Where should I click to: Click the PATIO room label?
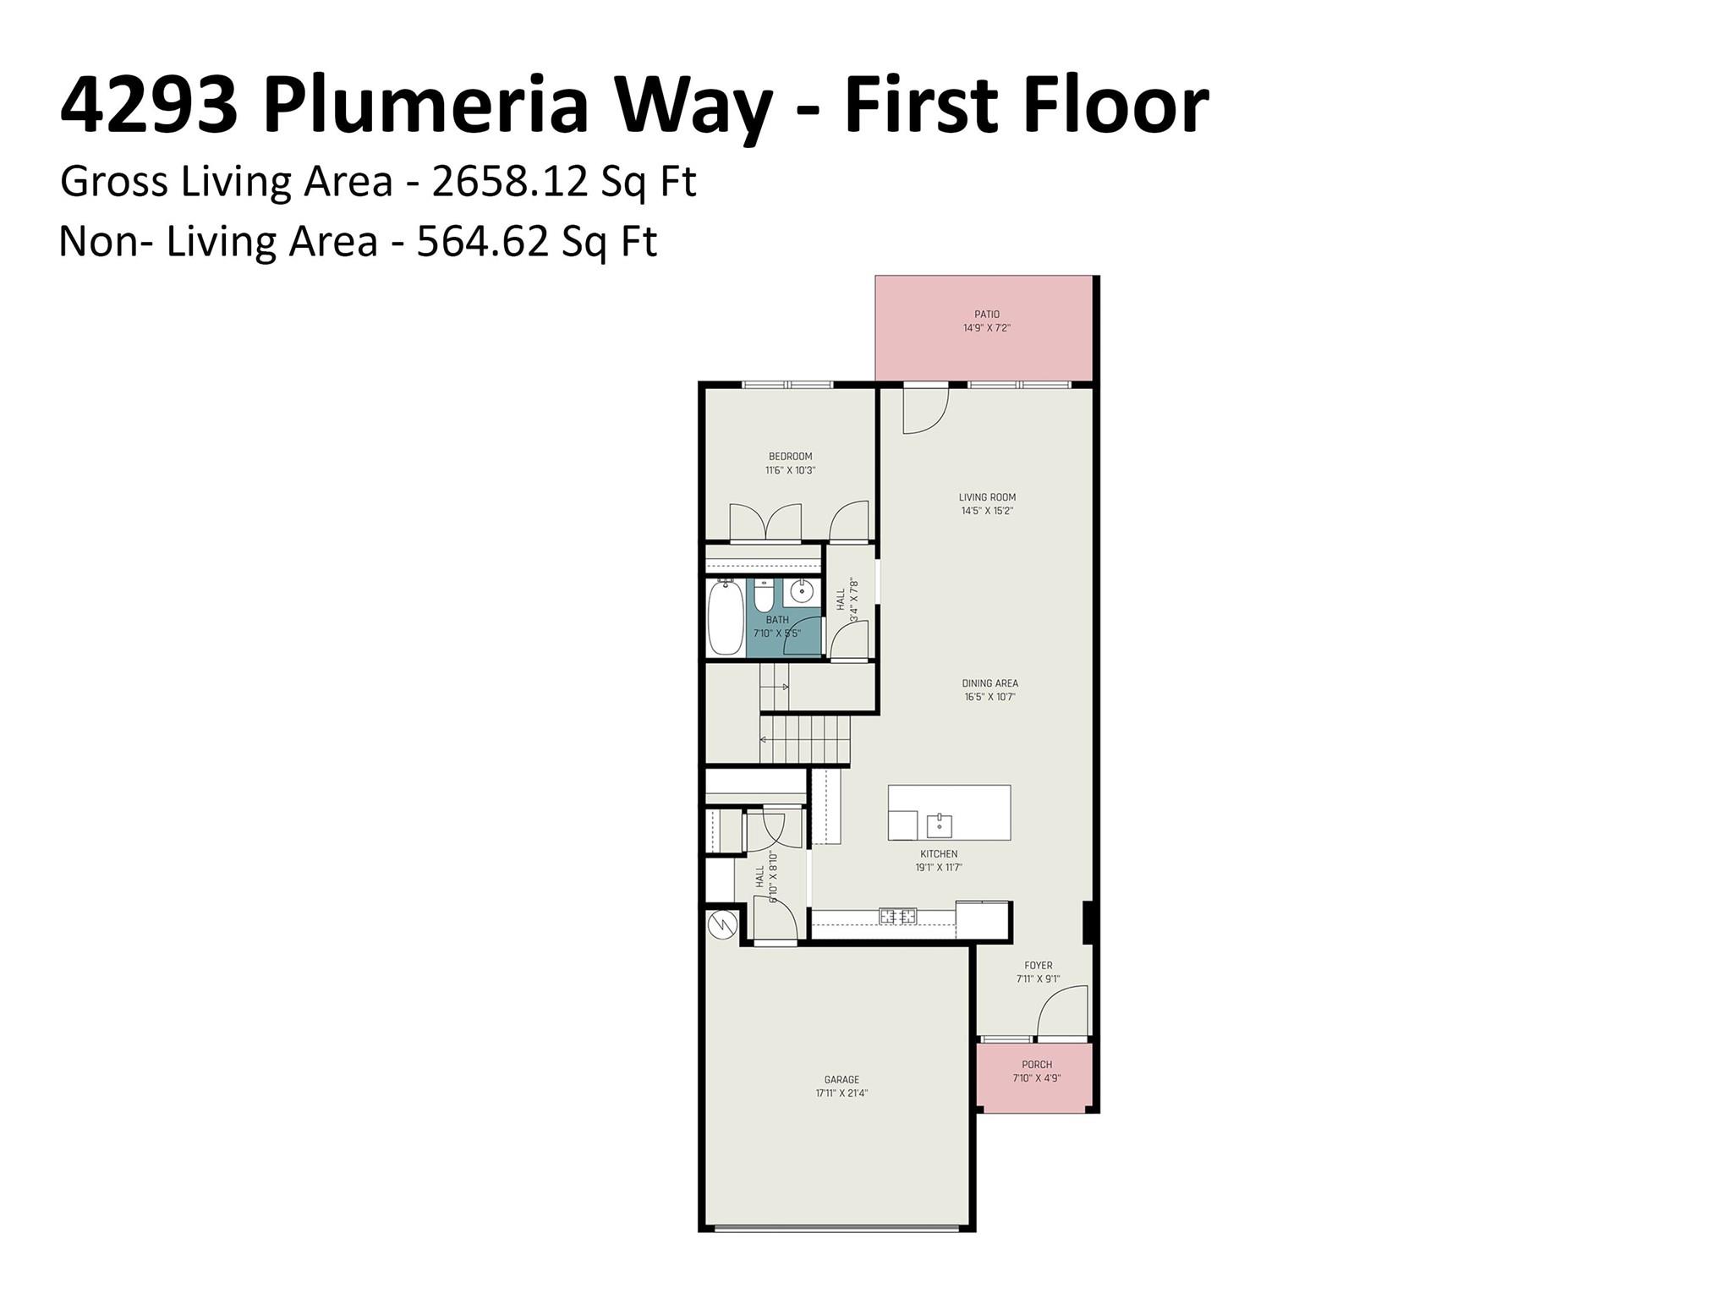point(986,315)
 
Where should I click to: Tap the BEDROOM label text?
point(790,457)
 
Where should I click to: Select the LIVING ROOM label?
point(987,497)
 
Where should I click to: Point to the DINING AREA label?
point(989,683)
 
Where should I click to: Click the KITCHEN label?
point(939,854)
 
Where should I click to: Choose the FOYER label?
point(1038,965)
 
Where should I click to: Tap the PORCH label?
point(1037,1065)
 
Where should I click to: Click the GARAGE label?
point(841,1079)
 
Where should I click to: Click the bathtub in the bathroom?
point(726,618)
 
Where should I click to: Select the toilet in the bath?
point(763,595)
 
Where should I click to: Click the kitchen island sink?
point(939,825)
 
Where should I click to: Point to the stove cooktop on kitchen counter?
point(898,916)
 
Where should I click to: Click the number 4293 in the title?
point(149,106)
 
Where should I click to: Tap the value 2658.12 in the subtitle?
point(510,181)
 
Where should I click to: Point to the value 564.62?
point(483,241)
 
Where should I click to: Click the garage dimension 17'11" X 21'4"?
point(841,1093)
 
